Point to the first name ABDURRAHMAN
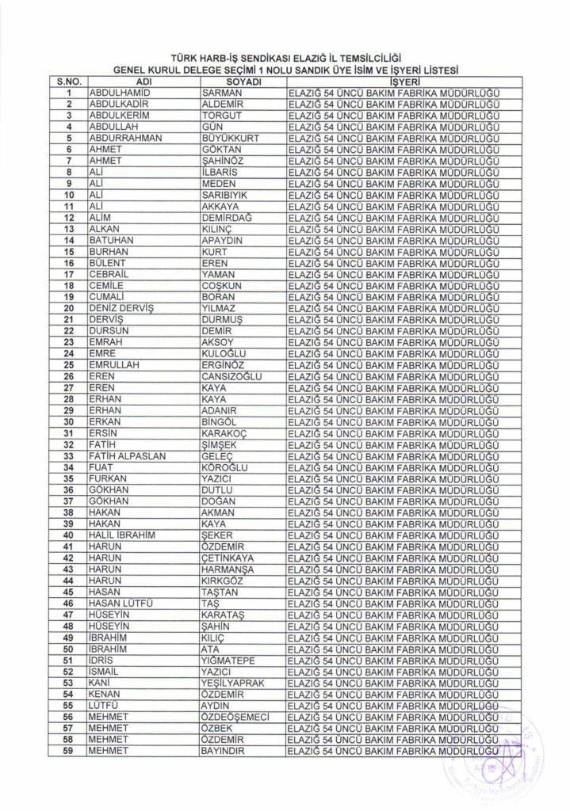click(x=125, y=137)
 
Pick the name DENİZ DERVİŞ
click(x=122, y=307)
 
